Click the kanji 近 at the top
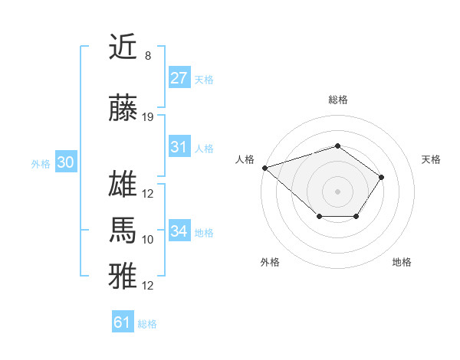pos(123,47)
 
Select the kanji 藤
pos(123,110)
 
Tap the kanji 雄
pos(123,186)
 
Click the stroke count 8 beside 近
pos(147,55)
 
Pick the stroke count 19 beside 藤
pos(148,117)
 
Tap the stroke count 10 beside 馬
pos(148,240)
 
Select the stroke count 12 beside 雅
pos(148,286)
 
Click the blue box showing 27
pos(179,77)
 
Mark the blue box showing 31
pos(179,147)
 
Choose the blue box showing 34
pos(179,231)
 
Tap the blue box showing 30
pos(65,162)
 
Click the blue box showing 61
pos(123,322)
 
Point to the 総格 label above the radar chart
pos(337,100)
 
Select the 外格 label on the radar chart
pos(269,262)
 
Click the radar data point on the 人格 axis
pos(264,167)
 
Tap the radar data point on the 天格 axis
pos(382,178)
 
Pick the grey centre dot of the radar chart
pos(337,191)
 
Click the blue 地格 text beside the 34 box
pos(204,233)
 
